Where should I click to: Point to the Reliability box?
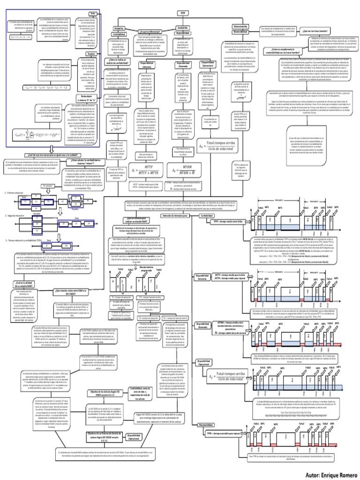pos(119,29)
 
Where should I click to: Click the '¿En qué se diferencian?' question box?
pos(150,31)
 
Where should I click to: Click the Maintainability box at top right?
pos(240,28)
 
